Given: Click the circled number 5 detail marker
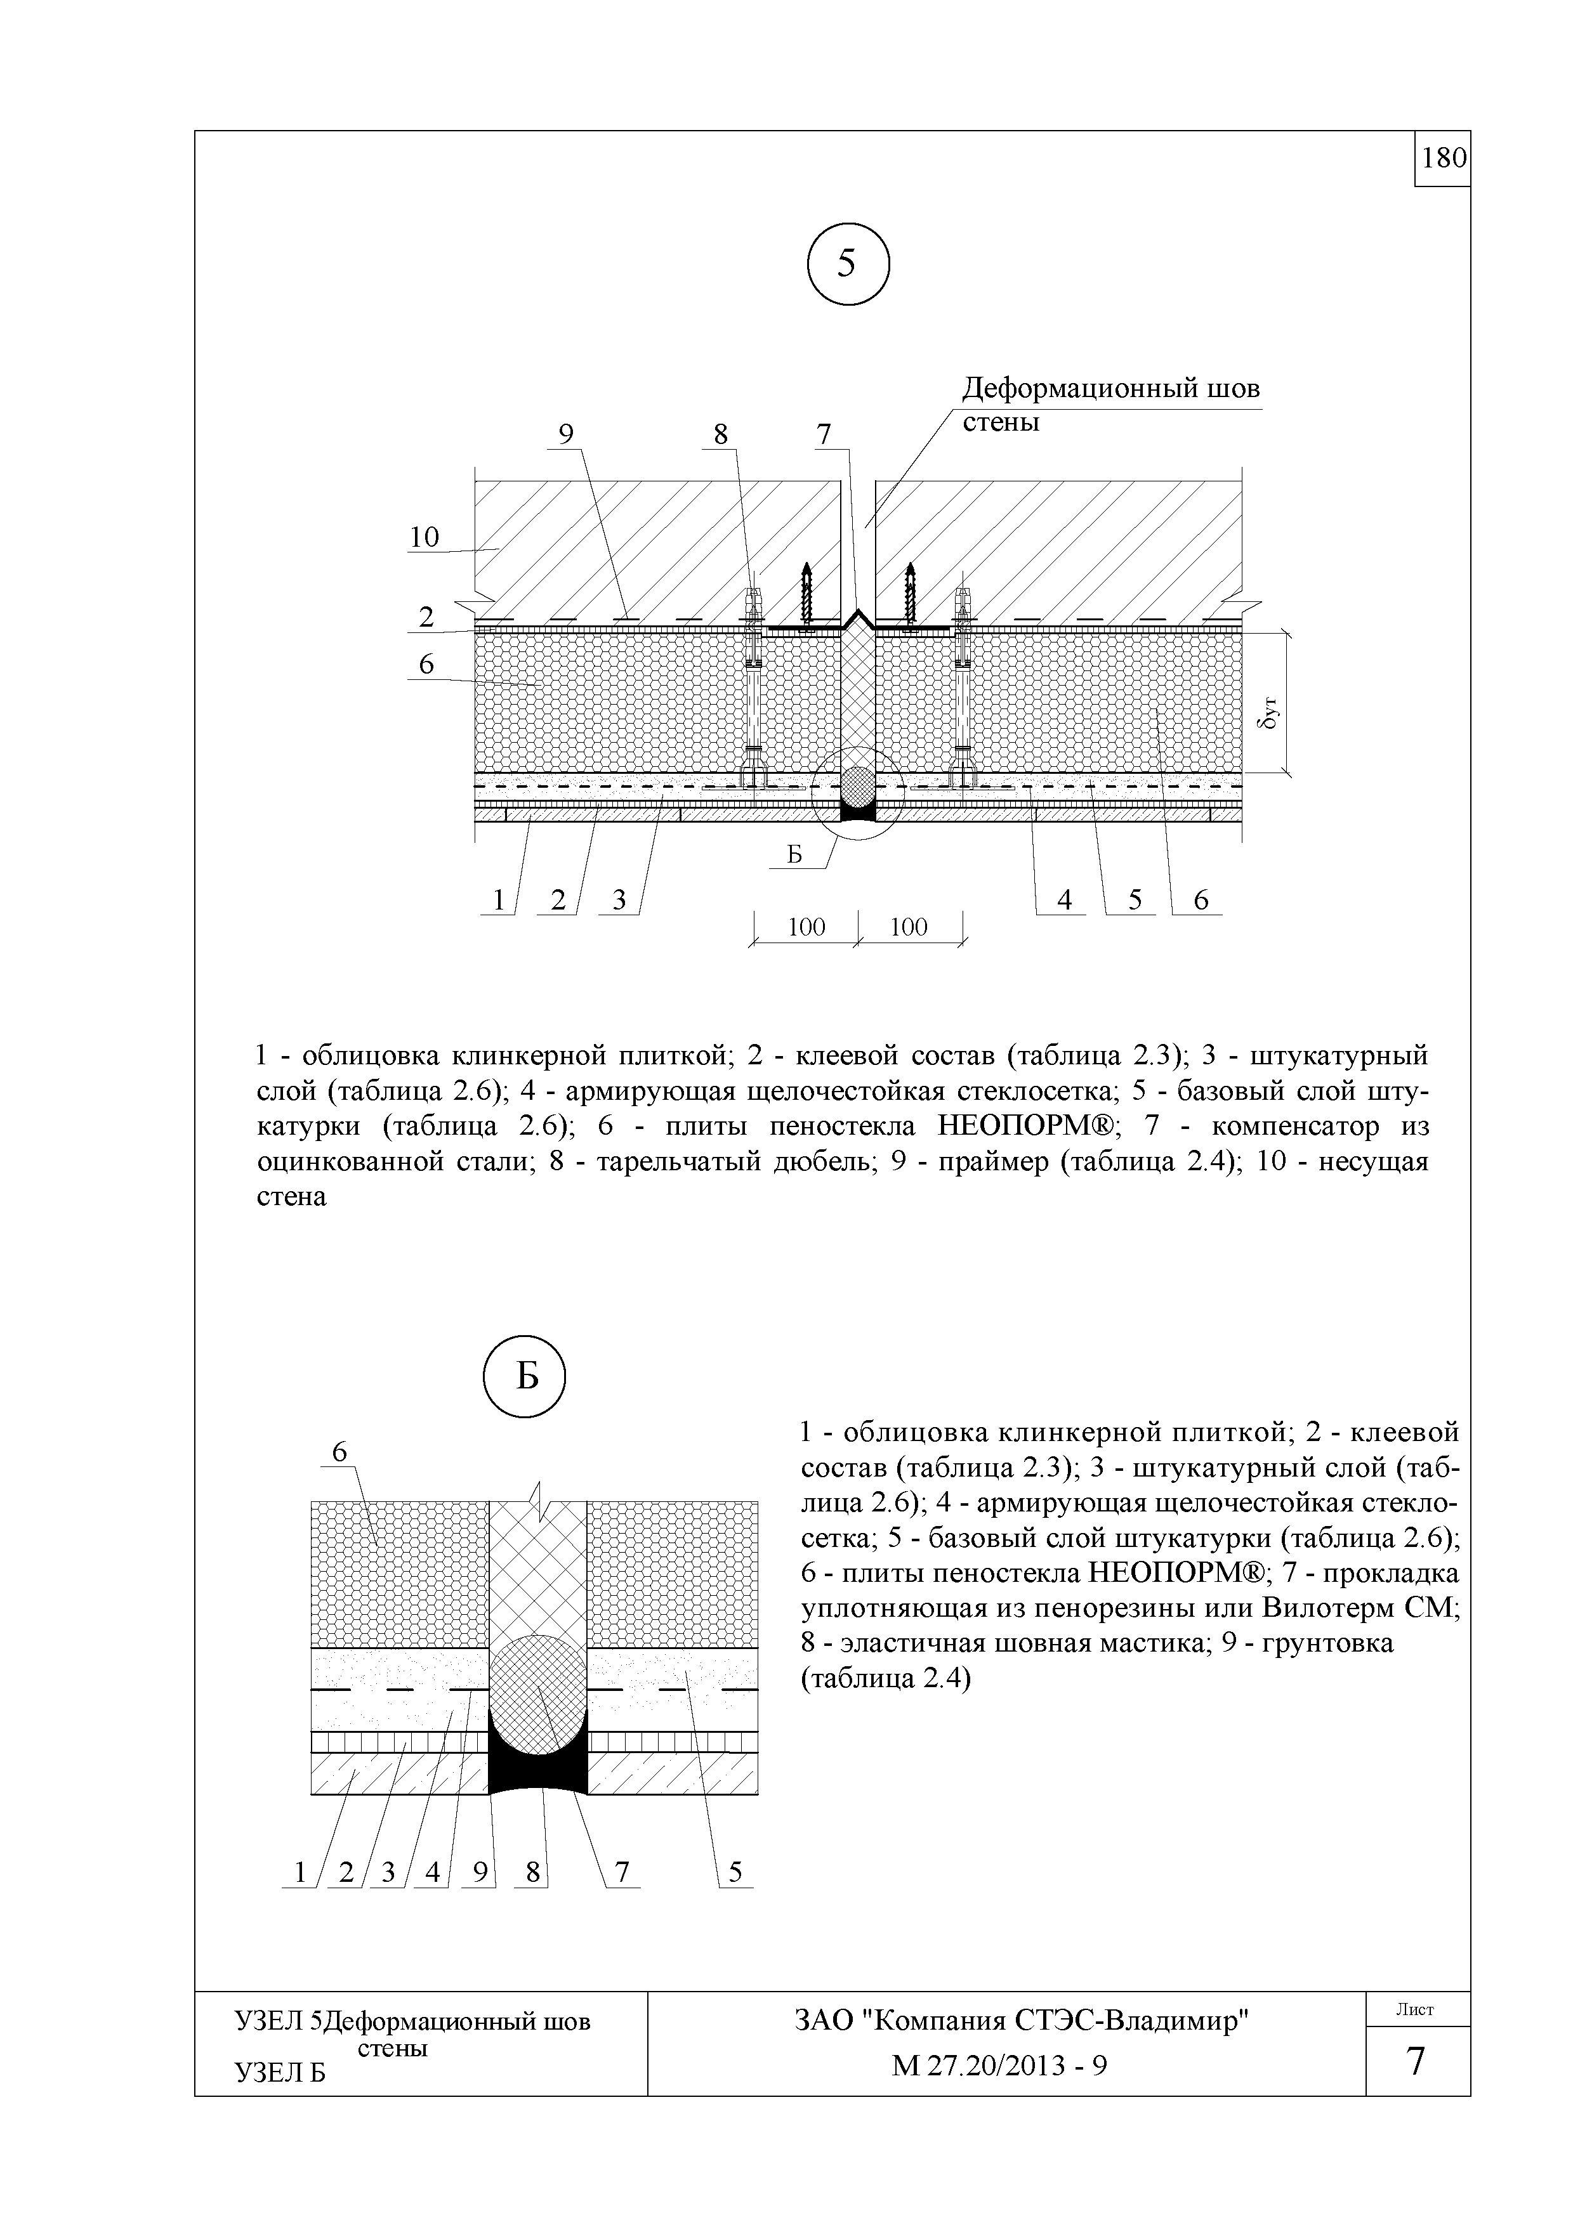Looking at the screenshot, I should (848, 264).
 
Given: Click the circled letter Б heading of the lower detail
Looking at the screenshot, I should (524, 1376).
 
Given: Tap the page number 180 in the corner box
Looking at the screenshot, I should (1443, 158).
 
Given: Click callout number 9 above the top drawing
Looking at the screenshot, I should (566, 435).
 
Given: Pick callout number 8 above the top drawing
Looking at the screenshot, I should (720, 435).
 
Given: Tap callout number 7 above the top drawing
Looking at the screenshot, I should (824, 435).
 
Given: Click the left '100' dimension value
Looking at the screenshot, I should (806, 927).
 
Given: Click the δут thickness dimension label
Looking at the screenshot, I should (1272, 714).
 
